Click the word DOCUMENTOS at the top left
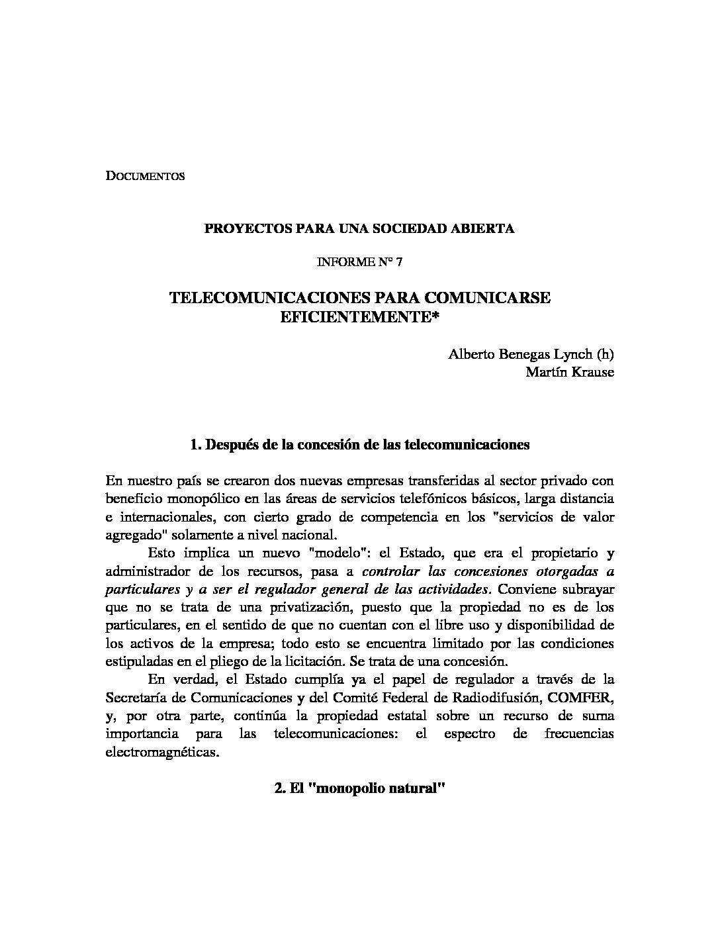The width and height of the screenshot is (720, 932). pyautogui.click(x=145, y=177)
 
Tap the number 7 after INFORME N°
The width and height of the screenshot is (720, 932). pyautogui.click(x=399, y=262)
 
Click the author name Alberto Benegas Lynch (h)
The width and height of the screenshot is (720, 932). pyautogui.click(x=531, y=353)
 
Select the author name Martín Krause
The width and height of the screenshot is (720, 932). pyautogui.click(x=569, y=372)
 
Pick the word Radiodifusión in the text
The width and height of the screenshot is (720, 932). pyautogui.click(x=492, y=698)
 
